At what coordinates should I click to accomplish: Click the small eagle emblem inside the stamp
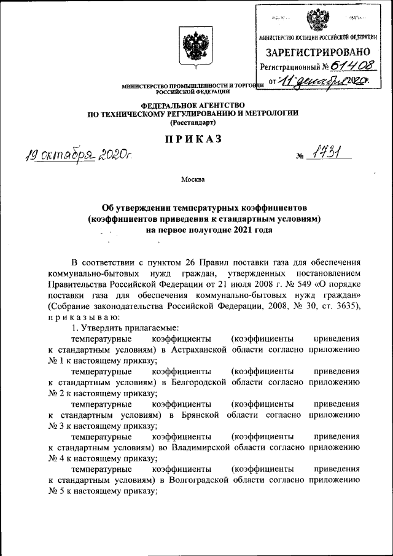[317, 20]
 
